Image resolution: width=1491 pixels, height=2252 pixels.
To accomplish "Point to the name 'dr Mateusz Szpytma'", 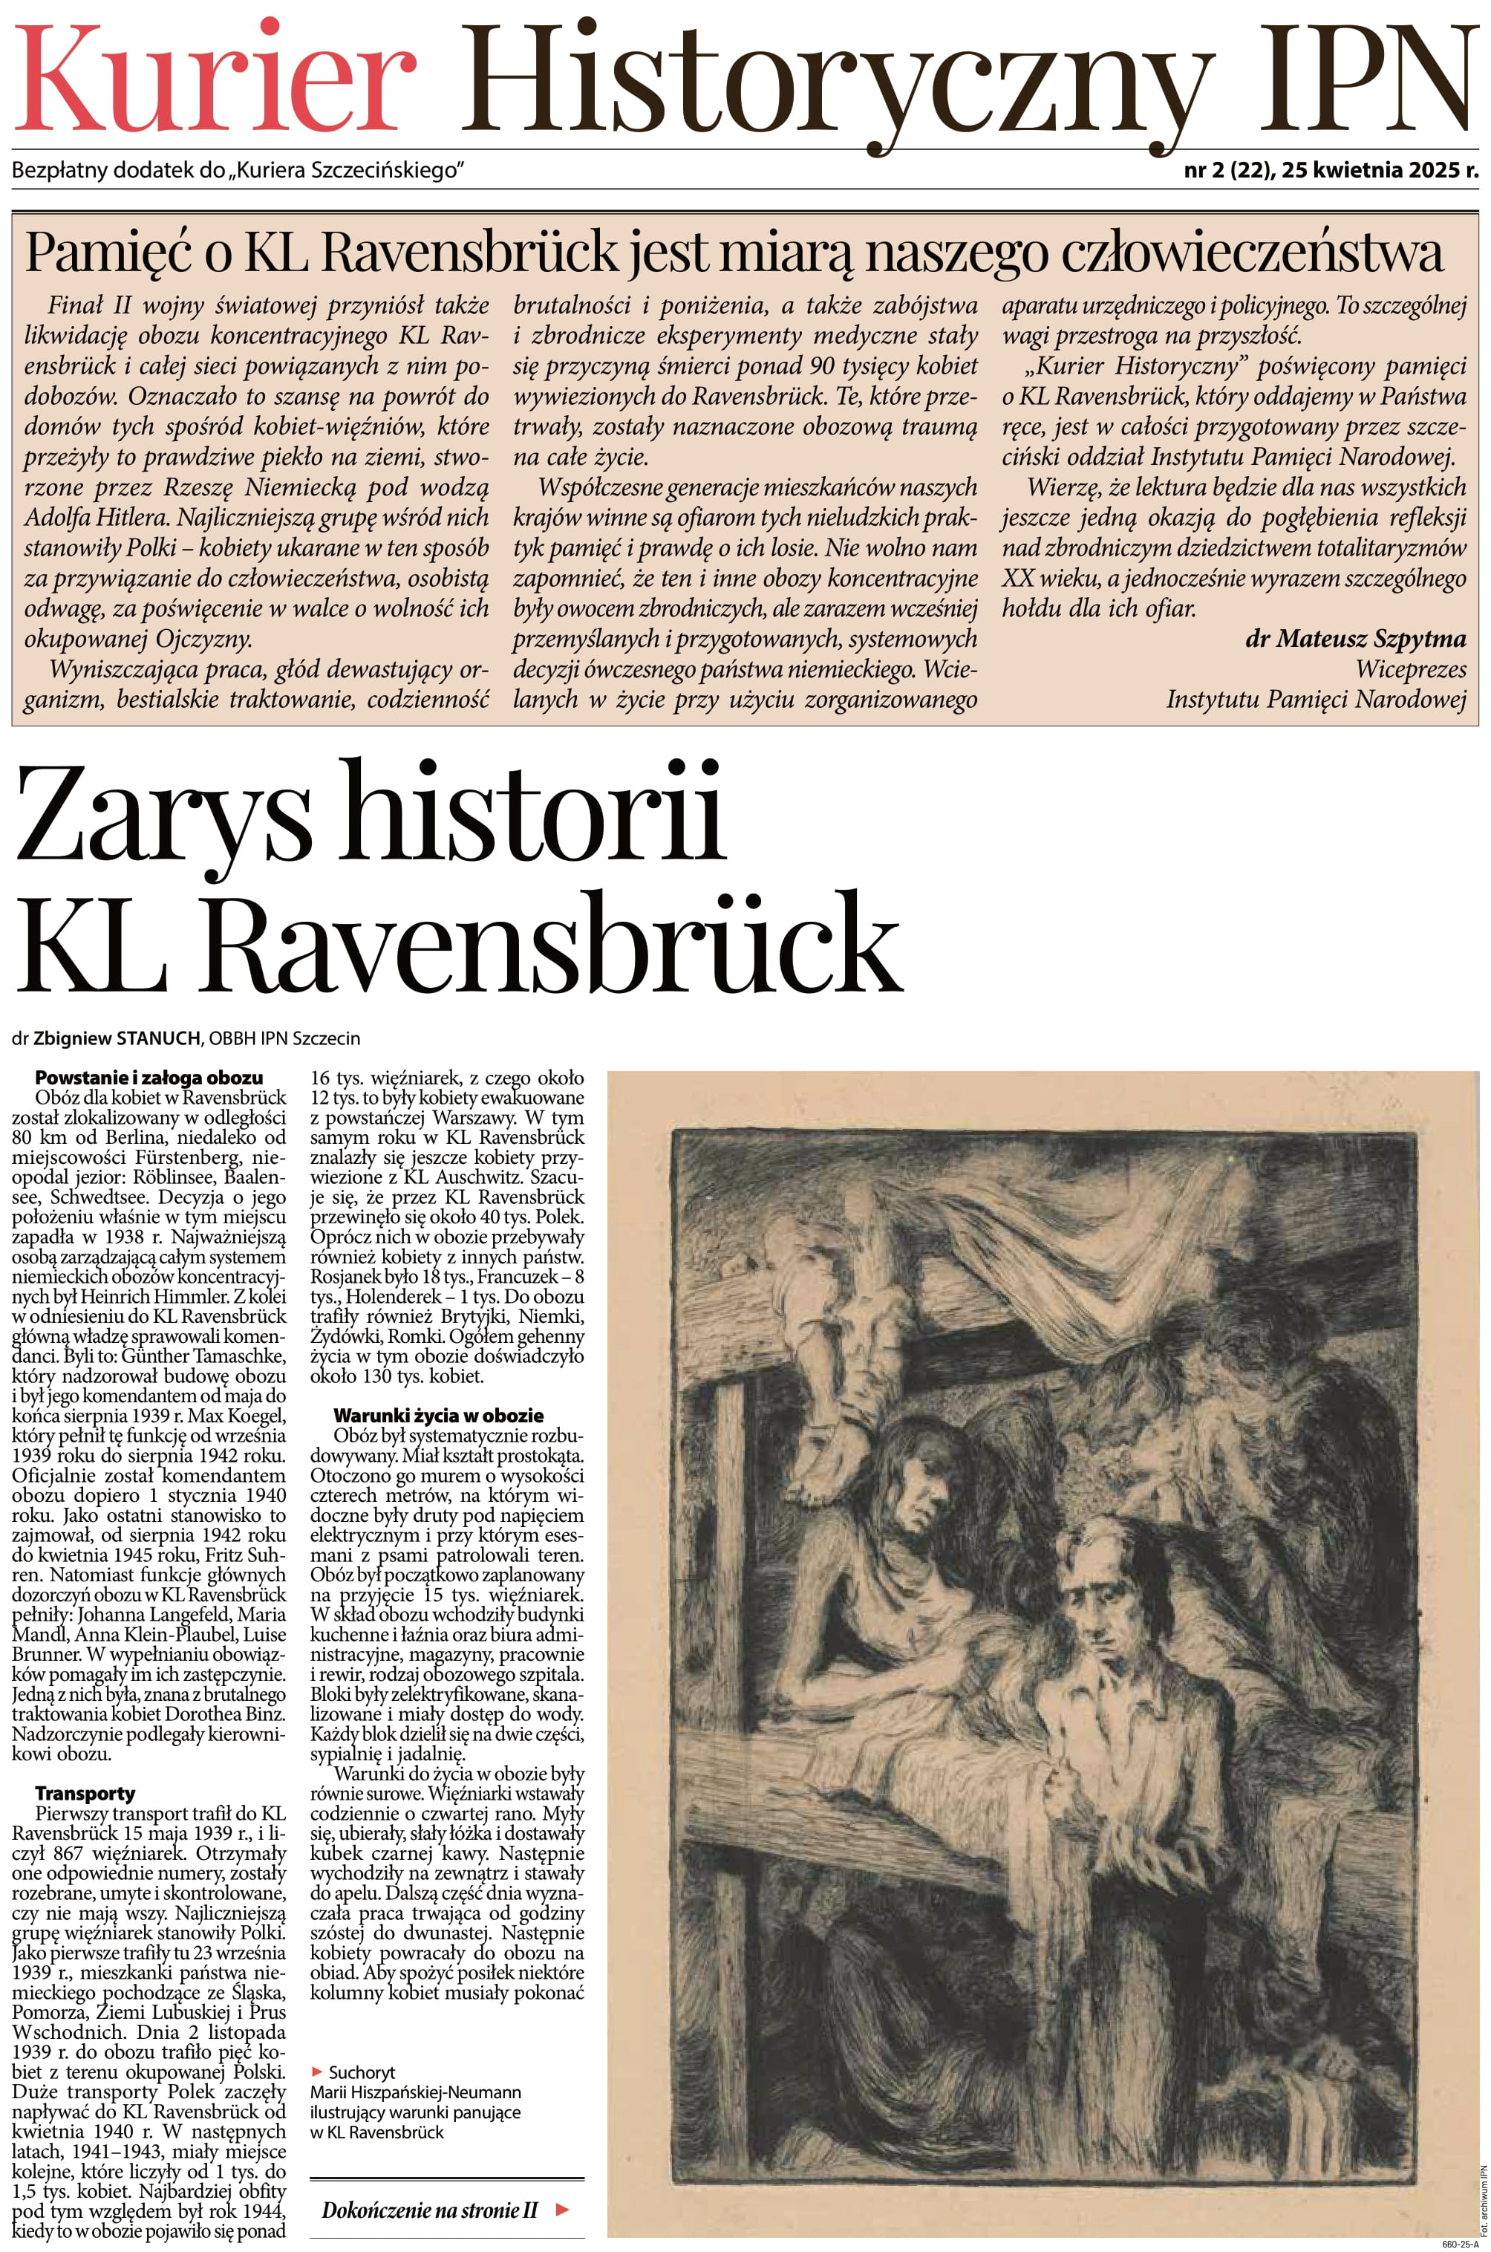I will point(1355,639).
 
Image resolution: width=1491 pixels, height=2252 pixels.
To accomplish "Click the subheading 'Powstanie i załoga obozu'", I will point(149,1078).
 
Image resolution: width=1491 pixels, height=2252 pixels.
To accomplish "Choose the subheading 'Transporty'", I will point(85,1794).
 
